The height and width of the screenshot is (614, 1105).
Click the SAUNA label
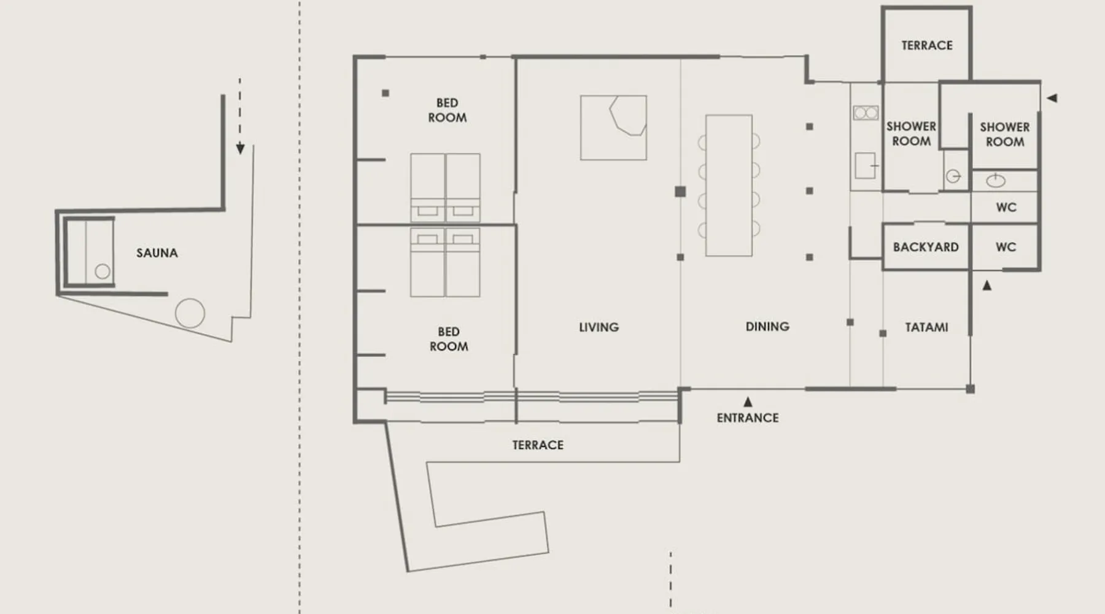pos(157,253)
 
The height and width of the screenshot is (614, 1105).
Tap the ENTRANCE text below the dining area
pos(748,418)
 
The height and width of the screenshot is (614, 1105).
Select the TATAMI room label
pos(926,327)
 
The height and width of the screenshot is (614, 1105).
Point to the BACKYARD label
pos(926,247)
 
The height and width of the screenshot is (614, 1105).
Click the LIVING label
pos(599,327)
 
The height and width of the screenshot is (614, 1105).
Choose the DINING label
pos(767,327)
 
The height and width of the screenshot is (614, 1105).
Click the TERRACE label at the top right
pos(927,45)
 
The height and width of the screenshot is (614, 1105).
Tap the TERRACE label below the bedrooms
pos(538,445)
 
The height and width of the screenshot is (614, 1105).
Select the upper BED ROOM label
pos(448,111)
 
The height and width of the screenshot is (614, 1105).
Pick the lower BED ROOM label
pos(449,339)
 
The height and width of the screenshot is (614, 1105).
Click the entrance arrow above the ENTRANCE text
pos(748,402)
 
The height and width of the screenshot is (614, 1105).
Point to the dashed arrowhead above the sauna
pos(240,149)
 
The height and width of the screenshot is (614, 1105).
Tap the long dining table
pos(729,185)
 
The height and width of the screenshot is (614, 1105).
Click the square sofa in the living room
pos(613,127)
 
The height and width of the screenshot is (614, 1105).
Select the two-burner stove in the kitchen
pos(866,113)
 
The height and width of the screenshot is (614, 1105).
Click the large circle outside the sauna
pos(190,313)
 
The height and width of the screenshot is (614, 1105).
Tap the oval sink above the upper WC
pos(995,181)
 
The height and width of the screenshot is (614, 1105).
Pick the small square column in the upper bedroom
pos(386,93)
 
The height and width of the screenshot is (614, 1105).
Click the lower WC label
pos(1006,247)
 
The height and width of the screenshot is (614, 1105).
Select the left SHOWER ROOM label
pos(911,134)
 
